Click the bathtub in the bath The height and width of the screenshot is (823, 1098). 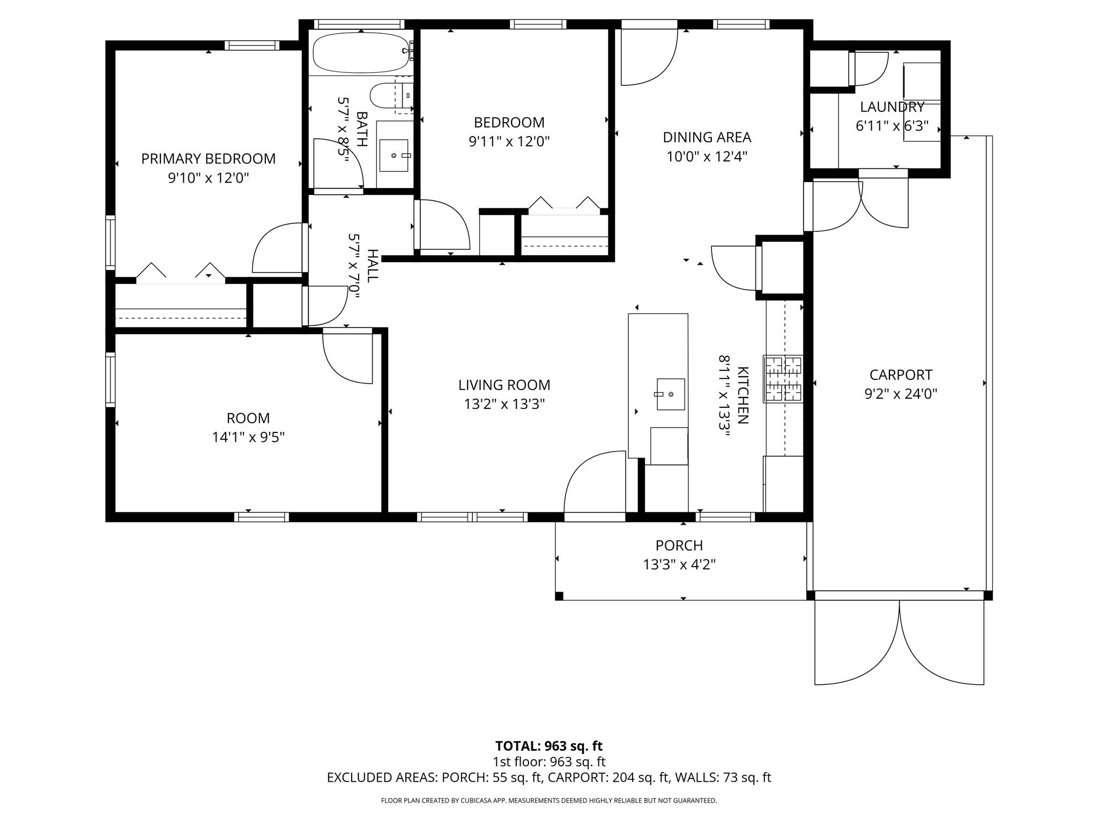tap(361, 53)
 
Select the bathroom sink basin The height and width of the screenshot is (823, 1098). tap(394, 155)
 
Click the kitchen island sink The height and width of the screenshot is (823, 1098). tap(671, 394)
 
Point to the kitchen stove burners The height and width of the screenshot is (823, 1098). tap(784, 379)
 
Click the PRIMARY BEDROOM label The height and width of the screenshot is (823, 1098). tap(209, 159)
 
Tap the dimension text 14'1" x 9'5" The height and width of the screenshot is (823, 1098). tap(248, 437)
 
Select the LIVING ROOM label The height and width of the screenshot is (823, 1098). tap(505, 385)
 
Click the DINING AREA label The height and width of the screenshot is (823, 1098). tap(707, 137)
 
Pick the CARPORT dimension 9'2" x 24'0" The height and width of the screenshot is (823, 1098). tap(901, 394)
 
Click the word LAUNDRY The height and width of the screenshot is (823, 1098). tap(893, 107)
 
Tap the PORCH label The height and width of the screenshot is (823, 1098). tap(679, 545)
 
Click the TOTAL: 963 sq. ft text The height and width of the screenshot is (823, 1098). tap(549, 746)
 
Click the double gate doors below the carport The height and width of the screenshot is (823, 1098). tap(899, 643)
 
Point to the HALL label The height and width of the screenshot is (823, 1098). tap(373, 265)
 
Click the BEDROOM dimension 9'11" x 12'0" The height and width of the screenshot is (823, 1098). tap(509, 141)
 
